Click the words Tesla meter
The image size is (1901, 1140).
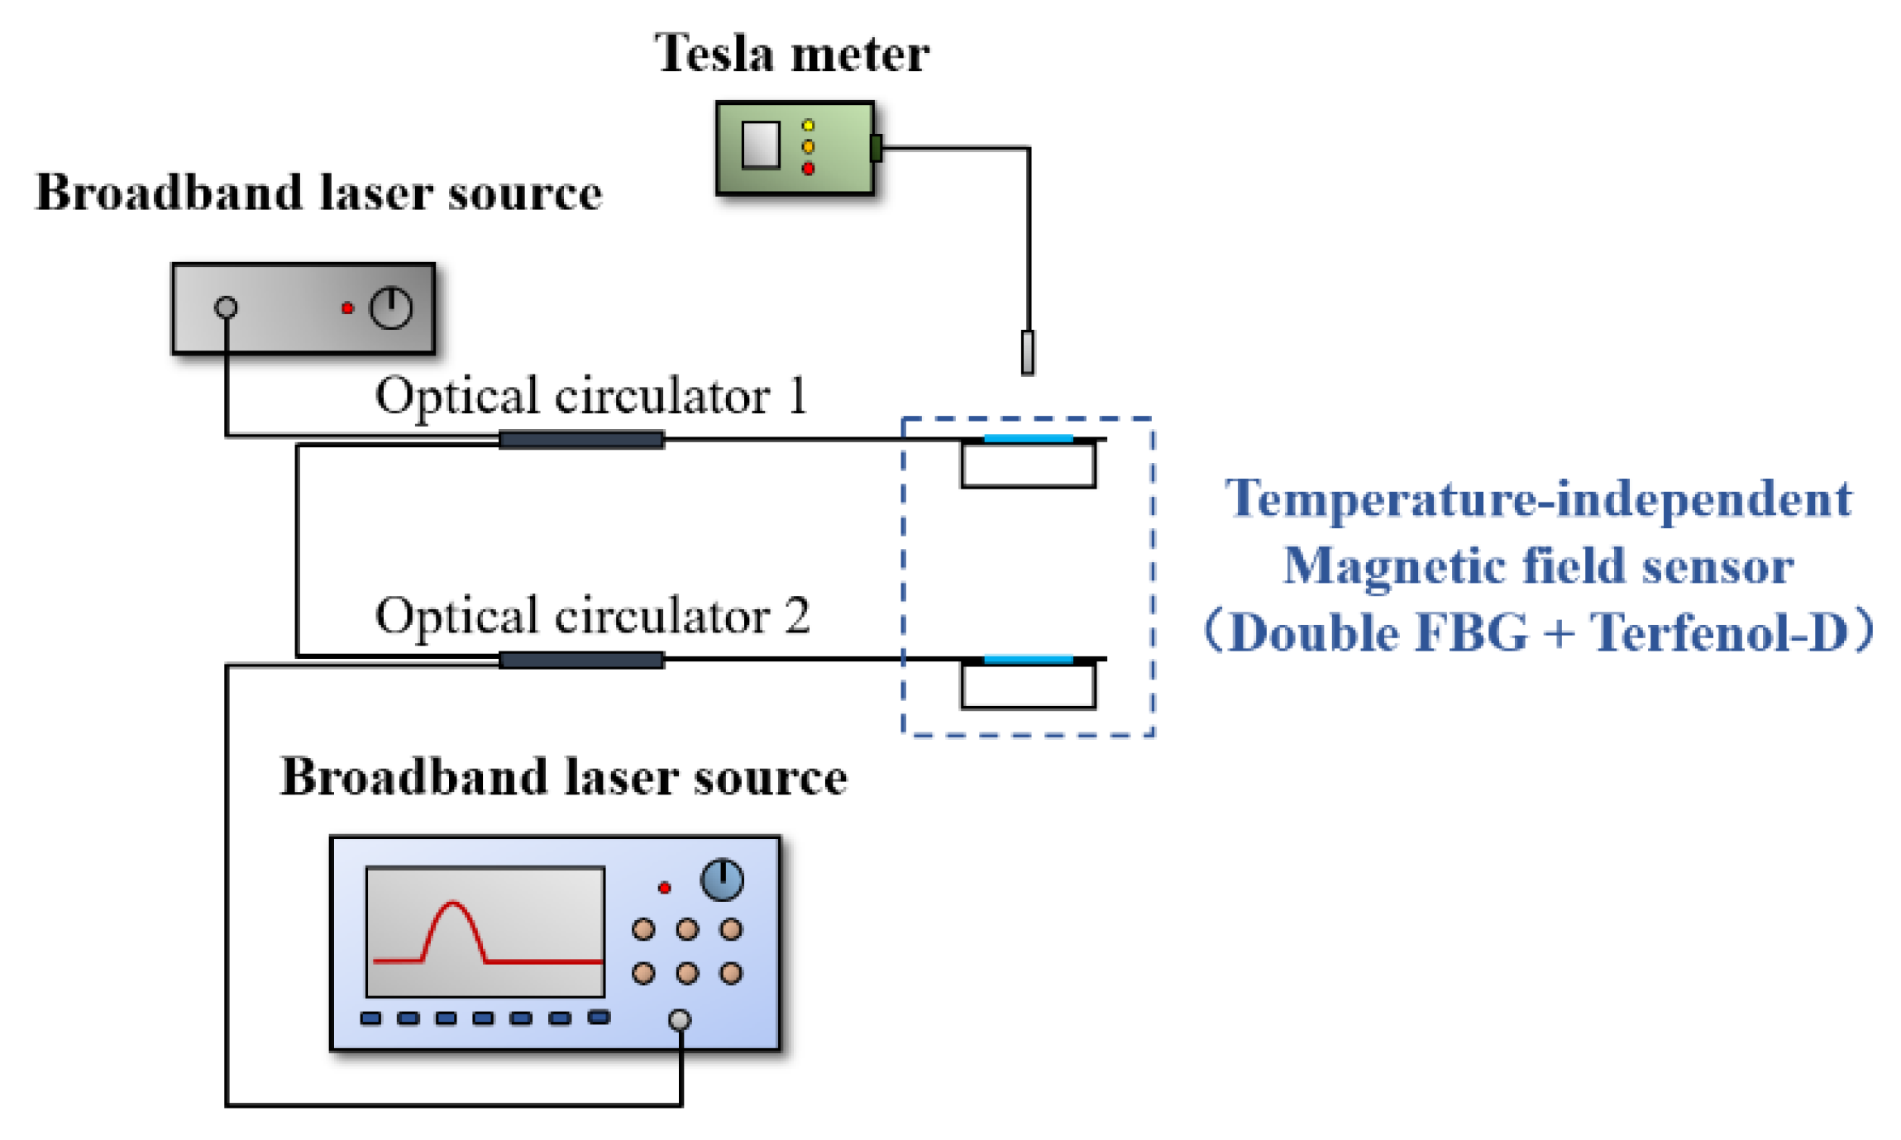tap(790, 55)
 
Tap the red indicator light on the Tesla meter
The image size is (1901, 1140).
tap(808, 169)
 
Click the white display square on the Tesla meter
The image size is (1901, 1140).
tap(760, 145)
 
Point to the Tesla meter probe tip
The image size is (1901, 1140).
tap(1027, 353)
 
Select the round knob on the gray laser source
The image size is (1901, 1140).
tap(390, 308)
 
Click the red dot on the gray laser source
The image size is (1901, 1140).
tap(347, 308)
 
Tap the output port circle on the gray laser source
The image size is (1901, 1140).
tap(226, 308)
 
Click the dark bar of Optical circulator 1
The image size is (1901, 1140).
tap(581, 440)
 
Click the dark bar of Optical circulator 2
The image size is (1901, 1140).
tap(581, 660)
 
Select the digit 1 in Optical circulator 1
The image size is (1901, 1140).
tap(797, 396)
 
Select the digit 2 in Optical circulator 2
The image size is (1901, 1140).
tap(796, 616)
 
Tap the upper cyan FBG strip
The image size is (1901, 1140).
tap(1028, 438)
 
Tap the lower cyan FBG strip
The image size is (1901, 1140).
tap(1028, 659)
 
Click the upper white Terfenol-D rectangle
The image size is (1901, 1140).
tap(1028, 465)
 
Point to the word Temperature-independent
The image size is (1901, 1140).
tap(1538, 499)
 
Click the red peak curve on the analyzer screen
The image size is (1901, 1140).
tap(452, 918)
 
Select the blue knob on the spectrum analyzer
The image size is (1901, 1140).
tap(721, 879)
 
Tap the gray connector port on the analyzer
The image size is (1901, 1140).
tap(679, 1019)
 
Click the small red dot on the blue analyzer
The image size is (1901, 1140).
tap(664, 888)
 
